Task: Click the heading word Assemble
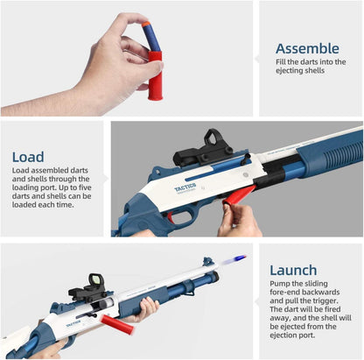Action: pyautogui.click(x=307, y=48)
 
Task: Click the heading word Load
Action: pyautogui.click(x=28, y=157)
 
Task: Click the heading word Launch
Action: pyautogui.click(x=293, y=270)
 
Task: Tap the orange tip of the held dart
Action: pyautogui.click(x=145, y=25)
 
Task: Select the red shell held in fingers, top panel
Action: pyautogui.click(x=155, y=75)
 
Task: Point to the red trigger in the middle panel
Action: pyautogui.click(x=171, y=217)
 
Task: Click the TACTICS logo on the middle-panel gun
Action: pyautogui.click(x=185, y=187)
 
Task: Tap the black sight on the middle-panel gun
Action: pyautogui.click(x=204, y=151)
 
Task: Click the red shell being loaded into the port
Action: pyautogui.click(x=238, y=196)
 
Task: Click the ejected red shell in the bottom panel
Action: pyautogui.click(x=117, y=324)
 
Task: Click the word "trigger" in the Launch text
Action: pyautogui.click(x=325, y=300)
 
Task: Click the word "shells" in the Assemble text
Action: pyautogui.click(x=314, y=71)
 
